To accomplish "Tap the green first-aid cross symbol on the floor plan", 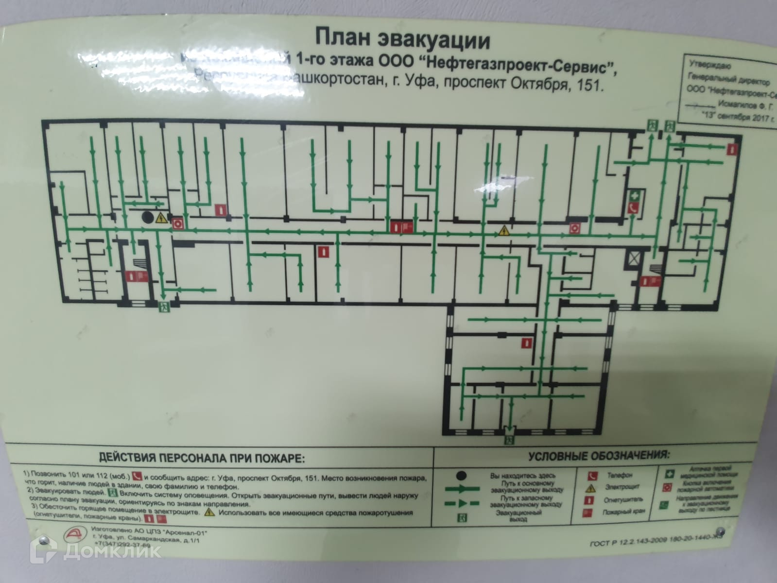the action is tap(634, 195).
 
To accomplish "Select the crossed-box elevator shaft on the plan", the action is tap(634, 258).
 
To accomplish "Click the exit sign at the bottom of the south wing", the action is tap(509, 440).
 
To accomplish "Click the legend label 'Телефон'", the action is tap(619, 475).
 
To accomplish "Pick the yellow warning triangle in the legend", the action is tap(591, 487).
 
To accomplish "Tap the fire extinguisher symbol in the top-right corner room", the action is tap(731, 150).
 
